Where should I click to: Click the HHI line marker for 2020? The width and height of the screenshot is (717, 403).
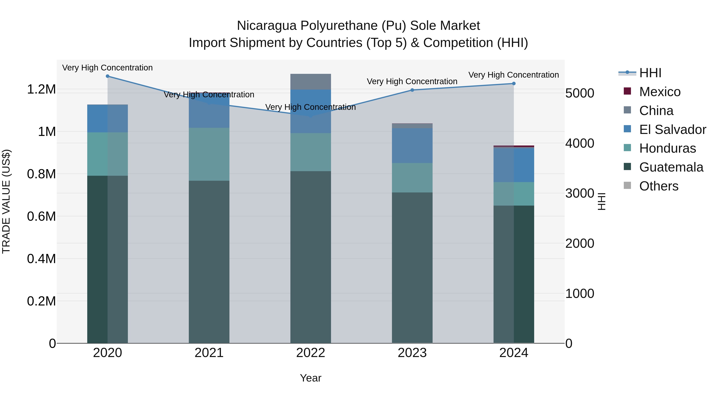107,76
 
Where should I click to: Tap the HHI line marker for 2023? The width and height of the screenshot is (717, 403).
412,90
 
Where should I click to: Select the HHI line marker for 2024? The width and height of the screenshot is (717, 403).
514,83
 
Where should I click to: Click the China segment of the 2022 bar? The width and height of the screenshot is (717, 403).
311,82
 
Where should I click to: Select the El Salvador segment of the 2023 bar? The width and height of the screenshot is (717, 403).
412,145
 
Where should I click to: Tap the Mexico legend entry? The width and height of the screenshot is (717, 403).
660,92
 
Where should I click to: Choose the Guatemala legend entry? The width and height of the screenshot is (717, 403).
671,167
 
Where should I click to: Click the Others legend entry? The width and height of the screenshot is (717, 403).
659,186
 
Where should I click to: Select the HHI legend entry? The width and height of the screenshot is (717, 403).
650,73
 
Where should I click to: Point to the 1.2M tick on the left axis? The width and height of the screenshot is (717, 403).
41,90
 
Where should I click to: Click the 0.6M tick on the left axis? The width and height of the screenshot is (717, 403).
41,216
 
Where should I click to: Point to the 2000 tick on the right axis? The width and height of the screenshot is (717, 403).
580,243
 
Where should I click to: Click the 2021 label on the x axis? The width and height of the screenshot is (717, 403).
209,353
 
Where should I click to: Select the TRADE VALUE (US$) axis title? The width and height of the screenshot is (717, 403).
6,201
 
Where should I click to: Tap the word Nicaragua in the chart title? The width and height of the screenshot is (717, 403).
267,26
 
